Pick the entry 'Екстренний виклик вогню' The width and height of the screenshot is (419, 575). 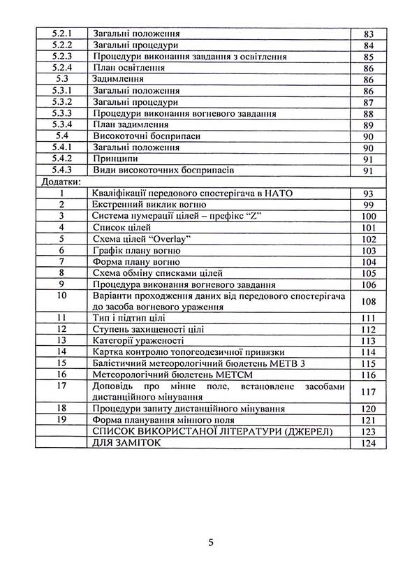(x=148, y=205)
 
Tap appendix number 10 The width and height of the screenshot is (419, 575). (x=62, y=296)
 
